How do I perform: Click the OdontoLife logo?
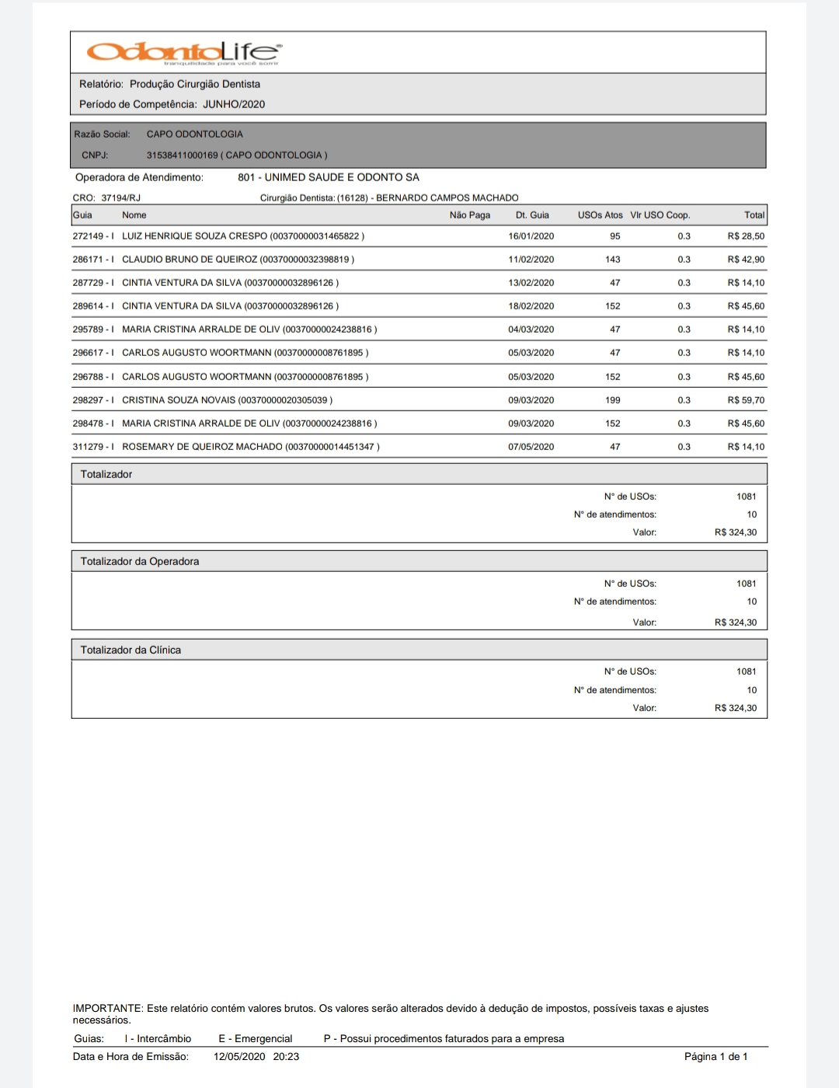[184, 52]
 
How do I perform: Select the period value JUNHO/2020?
[234, 104]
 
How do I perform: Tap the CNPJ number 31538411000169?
[183, 155]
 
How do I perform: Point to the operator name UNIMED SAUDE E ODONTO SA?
[329, 177]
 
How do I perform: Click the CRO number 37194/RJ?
[121, 198]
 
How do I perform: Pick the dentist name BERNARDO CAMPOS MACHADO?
[447, 198]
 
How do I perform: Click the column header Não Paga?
[470, 215]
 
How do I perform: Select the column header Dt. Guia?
[532, 215]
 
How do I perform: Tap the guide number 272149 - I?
[93, 236]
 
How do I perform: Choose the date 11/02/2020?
[531, 260]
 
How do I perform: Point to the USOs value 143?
[613, 260]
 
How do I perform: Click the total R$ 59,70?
[746, 400]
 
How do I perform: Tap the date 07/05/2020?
[531, 447]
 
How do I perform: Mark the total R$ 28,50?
[746, 236]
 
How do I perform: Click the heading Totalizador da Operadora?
[140, 561]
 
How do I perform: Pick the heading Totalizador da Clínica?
[131, 650]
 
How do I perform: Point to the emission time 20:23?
[286, 1057]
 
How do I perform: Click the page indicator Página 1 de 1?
[715, 1057]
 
